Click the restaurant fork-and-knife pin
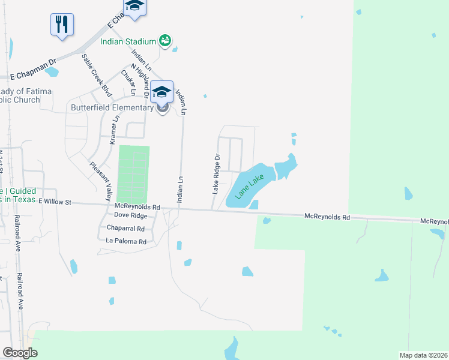(62, 25)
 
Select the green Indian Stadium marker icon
(165, 41)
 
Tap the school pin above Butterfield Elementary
(161, 92)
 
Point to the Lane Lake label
(250, 187)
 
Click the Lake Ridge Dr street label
(217, 173)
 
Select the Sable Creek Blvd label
(97, 75)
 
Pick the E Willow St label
(55, 202)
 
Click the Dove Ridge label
(130, 215)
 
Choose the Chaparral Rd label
(125, 229)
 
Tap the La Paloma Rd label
(126, 242)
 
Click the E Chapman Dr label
(33, 77)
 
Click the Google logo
(20, 353)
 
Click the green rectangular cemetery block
(133, 174)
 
